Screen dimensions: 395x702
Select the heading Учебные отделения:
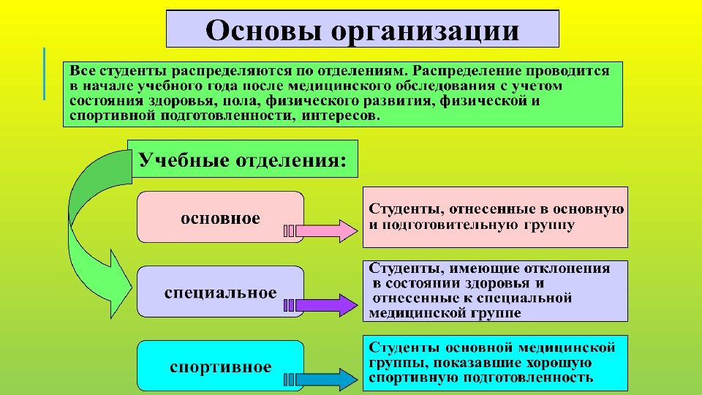coord(242,159)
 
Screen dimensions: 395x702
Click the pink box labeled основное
coord(220,217)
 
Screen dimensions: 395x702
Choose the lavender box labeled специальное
coord(220,292)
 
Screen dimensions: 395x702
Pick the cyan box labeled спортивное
coord(220,366)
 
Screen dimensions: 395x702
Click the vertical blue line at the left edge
coord(44,73)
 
